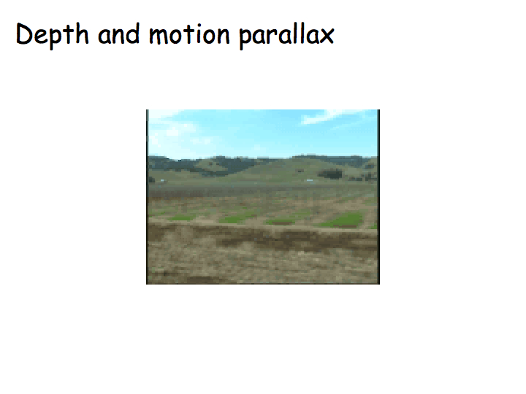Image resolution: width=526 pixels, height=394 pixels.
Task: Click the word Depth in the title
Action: point(52,35)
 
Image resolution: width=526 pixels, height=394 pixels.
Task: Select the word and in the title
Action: point(118,34)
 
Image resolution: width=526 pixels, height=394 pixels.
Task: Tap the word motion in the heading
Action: point(189,34)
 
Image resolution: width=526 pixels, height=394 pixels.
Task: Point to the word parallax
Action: point(287,35)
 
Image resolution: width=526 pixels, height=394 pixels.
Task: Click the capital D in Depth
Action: point(24,34)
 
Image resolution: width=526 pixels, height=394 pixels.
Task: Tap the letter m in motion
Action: point(159,36)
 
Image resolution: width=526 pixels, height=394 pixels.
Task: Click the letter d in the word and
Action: point(133,34)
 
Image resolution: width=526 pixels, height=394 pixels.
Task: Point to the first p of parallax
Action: point(245,39)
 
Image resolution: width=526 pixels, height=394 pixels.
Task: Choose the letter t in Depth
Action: point(69,34)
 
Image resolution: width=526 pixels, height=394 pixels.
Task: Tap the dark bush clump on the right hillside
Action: point(330,174)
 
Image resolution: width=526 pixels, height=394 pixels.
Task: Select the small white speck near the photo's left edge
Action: point(162,181)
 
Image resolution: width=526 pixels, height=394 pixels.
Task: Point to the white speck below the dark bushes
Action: point(309,181)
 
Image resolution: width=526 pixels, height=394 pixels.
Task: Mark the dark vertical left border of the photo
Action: point(148,197)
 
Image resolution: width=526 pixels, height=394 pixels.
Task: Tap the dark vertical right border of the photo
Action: point(378,197)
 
